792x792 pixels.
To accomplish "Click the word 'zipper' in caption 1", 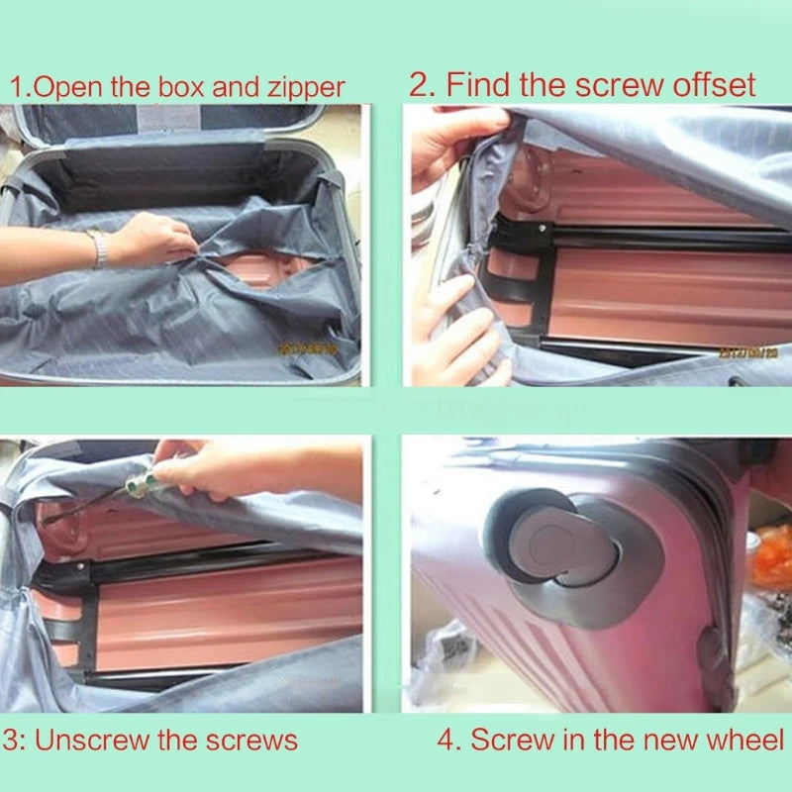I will pos(304,87).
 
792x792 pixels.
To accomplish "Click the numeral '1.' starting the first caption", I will pos(19,87).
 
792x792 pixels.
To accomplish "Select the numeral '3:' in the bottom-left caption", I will pos(14,740).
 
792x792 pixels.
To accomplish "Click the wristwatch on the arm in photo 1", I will pos(99,248).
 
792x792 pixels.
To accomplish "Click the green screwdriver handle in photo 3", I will pos(138,486).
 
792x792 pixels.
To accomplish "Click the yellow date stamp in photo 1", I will pos(308,348).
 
